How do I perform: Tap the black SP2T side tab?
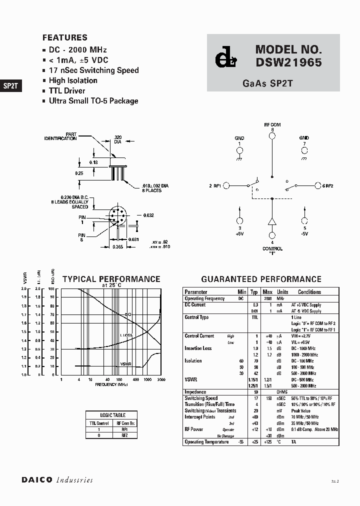coord(10,85)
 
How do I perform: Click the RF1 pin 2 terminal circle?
coord(226,185)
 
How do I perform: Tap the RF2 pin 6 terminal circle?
coord(317,185)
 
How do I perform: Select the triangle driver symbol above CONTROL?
coord(272,221)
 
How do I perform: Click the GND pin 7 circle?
coord(304,149)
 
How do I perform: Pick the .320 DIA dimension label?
coord(117,139)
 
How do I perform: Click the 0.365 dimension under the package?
coord(117,247)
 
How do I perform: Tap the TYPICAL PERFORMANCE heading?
coord(111,279)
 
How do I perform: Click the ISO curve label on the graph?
coord(128,314)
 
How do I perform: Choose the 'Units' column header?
coord(282,292)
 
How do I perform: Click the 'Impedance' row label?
coord(195,392)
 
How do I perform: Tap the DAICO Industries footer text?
coord(57,480)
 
